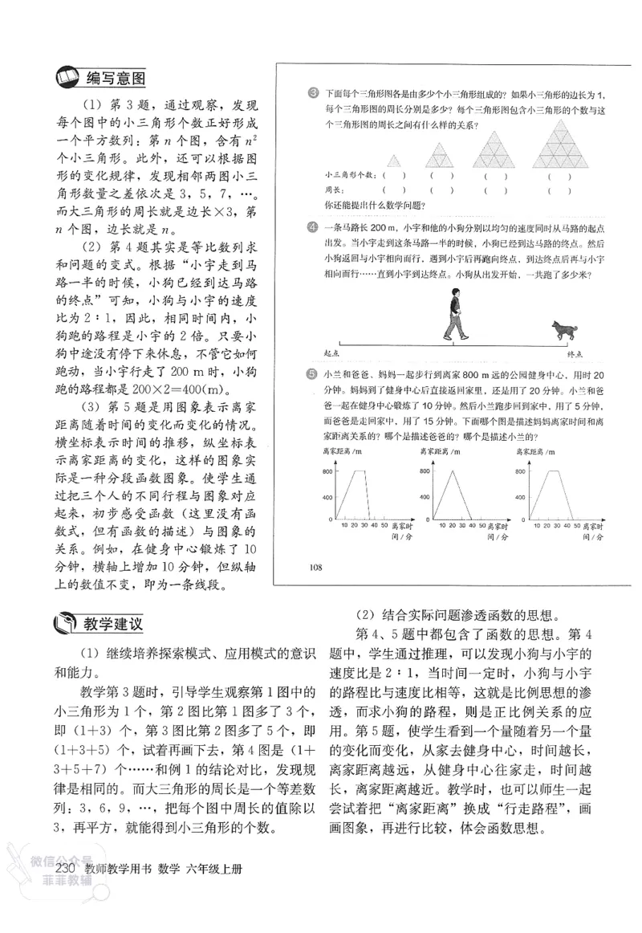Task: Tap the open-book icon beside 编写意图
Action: pyautogui.click(x=65, y=79)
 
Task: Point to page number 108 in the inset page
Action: pyautogui.click(x=315, y=568)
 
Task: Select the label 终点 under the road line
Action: pyautogui.click(x=575, y=354)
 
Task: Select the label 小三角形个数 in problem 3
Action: pyautogui.click(x=349, y=175)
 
